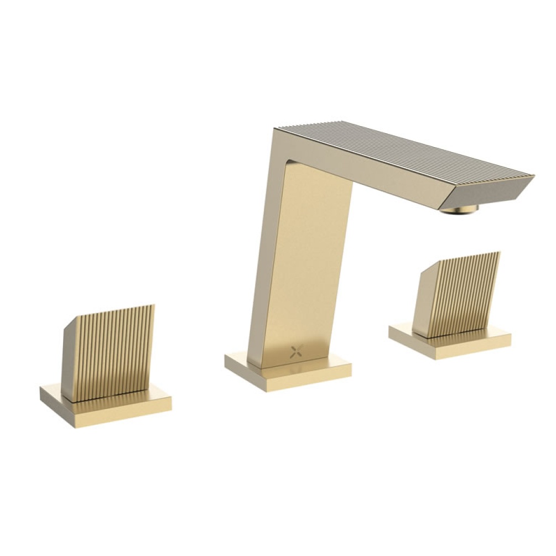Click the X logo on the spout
coord(296,351)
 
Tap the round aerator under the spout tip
coord(459,209)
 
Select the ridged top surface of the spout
coord(404,147)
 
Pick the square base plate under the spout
coord(288,376)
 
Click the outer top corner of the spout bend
coord(276,130)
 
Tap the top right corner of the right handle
coord(499,253)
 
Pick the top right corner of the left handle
coord(154,305)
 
